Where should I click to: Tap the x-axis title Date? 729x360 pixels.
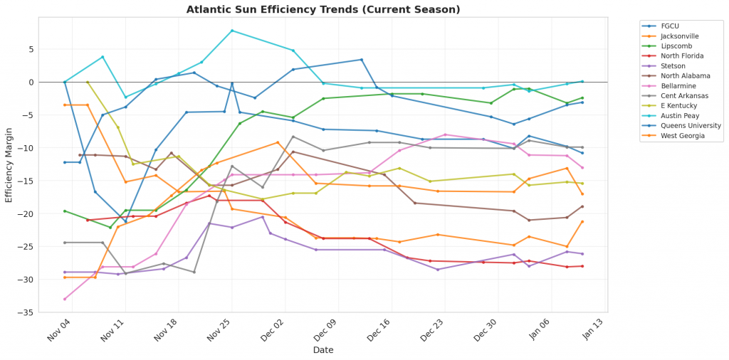point(324,350)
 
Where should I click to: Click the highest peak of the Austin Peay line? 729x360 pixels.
point(232,31)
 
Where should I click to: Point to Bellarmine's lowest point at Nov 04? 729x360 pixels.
point(65,299)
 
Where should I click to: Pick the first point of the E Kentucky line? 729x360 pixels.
point(88,82)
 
